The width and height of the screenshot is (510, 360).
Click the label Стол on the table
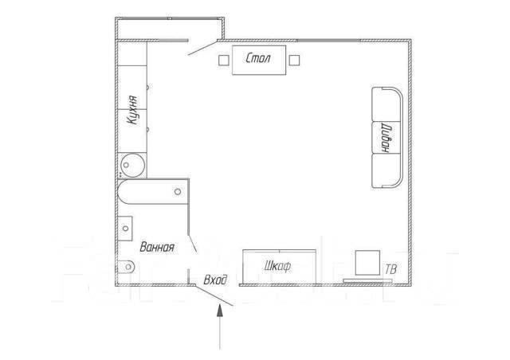click(x=258, y=58)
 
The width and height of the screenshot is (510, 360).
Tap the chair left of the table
click(x=224, y=61)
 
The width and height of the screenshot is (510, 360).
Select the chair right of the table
click(x=294, y=61)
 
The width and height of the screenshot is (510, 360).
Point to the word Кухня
click(x=133, y=110)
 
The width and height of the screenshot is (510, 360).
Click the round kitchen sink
click(x=132, y=165)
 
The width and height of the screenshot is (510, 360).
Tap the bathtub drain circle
click(x=178, y=191)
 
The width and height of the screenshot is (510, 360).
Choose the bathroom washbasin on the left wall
click(x=125, y=229)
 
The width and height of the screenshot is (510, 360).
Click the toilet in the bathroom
click(x=126, y=267)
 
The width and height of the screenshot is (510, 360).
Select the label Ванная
click(x=157, y=247)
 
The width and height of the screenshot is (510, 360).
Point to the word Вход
click(x=215, y=280)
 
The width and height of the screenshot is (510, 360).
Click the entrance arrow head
click(x=220, y=310)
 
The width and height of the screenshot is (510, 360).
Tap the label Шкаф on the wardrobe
click(x=277, y=267)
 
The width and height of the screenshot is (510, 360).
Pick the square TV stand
click(x=367, y=263)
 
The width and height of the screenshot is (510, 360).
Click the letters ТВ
click(x=391, y=269)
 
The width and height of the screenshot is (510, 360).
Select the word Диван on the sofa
click(x=387, y=138)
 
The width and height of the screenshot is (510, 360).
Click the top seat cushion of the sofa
click(x=386, y=104)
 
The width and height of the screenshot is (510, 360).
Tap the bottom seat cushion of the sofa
click(x=386, y=170)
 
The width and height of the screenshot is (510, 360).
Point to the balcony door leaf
click(x=202, y=48)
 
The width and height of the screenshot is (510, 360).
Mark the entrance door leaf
click(x=214, y=295)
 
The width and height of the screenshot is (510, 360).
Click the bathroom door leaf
click(x=193, y=244)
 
